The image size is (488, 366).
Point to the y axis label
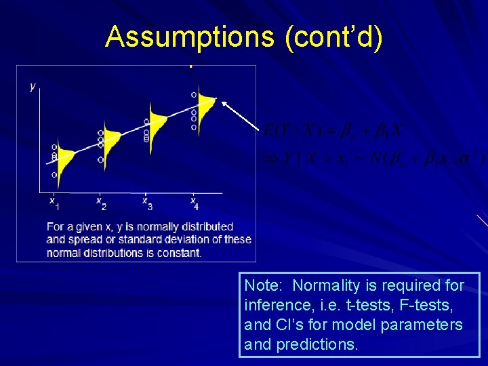click(33, 86)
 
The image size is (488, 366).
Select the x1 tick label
click(54, 203)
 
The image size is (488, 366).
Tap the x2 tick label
click(100, 203)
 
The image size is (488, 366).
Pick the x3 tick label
click(147, 203)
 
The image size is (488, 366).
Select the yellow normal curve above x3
click(157, 124)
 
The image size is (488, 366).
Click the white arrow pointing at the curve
click(241, 115)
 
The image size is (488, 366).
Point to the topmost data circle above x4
click(194, 95)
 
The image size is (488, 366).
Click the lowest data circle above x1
click(54, 175)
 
